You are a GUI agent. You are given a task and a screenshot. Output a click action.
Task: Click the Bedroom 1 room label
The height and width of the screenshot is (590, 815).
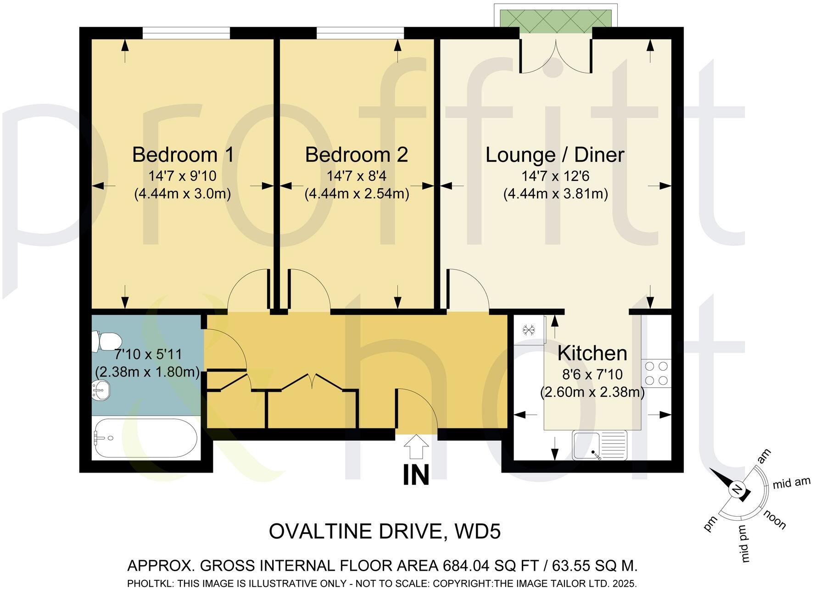pos(183,155)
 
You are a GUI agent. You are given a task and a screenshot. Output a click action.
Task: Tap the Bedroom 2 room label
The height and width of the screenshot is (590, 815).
pos(356,155)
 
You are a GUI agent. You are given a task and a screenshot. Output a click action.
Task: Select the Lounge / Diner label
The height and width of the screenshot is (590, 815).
pos(555,155)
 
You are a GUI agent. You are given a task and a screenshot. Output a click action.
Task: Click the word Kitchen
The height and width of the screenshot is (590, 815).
pos(592,353)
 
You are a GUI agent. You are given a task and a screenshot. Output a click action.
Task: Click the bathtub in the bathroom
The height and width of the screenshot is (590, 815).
pos(145,438)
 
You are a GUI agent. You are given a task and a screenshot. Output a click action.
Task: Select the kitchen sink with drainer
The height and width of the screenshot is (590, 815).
pos(599,445)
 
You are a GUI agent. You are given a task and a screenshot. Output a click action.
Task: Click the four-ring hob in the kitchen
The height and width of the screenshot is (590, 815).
pos(656,373)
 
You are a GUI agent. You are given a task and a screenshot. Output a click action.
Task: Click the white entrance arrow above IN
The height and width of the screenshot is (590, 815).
pos(416,446)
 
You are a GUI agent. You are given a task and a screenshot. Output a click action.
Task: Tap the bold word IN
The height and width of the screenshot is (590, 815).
pos(416,475)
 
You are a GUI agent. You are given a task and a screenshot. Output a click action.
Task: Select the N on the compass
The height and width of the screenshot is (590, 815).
pos(737,490)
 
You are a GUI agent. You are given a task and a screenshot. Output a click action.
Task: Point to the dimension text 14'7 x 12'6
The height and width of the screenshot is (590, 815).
pos(555,176)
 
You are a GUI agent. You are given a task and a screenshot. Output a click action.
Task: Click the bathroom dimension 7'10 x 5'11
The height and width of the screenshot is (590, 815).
pos(148,354)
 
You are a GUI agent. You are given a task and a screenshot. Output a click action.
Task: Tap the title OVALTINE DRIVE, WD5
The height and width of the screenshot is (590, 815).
pos(385,532)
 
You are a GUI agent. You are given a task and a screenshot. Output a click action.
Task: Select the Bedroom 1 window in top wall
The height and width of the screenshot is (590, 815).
pos(186,33)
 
